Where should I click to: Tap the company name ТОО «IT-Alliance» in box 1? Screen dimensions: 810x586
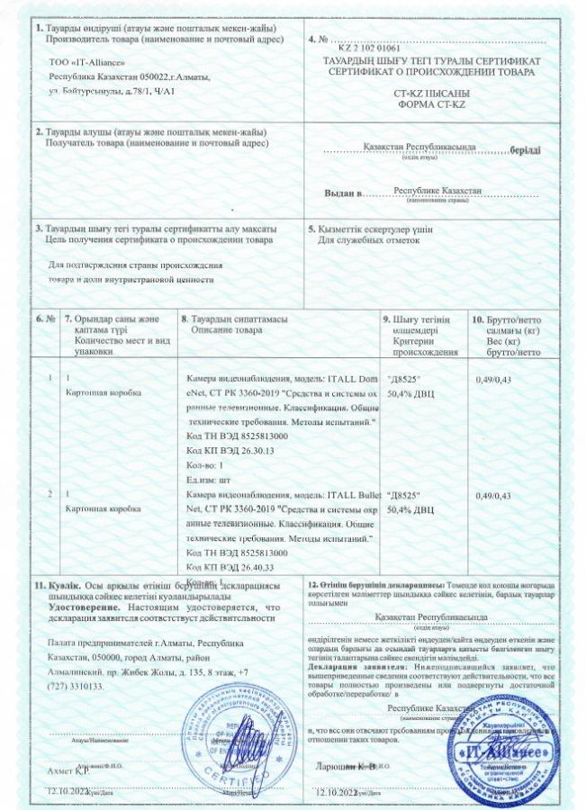86,65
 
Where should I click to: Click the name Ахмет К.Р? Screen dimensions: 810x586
67,771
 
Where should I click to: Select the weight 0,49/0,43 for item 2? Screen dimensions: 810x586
492,496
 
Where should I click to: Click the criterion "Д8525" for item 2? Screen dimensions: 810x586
404,496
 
